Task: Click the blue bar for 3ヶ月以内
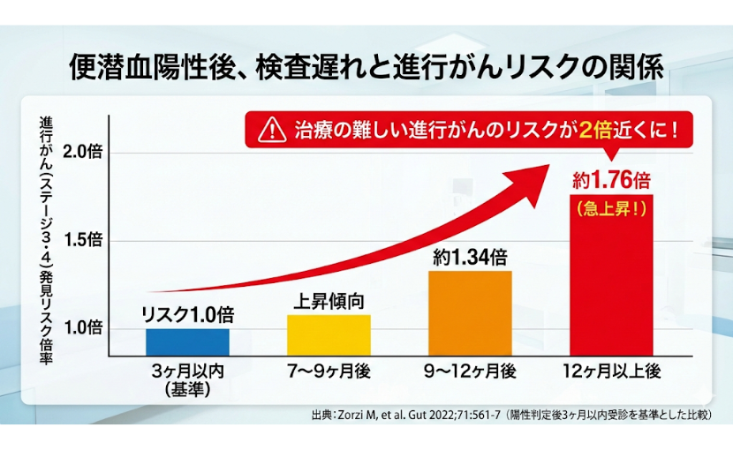coord(187,341)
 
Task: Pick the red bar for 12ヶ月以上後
coord(611,282)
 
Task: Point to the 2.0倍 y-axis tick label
coord(84,151)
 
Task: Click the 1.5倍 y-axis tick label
coord(84,240)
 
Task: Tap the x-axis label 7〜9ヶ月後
coord(329,372)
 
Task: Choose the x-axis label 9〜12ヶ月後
coord(470,372)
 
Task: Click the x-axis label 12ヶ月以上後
coord(611,372)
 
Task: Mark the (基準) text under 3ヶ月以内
coord(187,389)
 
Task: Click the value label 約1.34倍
coord(470,258)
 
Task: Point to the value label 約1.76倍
coord(611,181)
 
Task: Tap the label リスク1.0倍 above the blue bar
coord(187,315)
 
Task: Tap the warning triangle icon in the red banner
coord(266,131)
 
